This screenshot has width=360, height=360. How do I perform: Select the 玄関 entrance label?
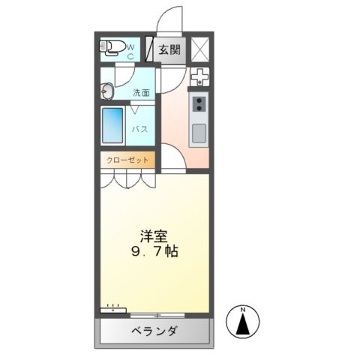click(x=169, y=50)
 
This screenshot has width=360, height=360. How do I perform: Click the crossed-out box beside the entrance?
click(x=200, y=49)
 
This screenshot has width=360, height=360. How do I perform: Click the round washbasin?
click(x=105, y=91)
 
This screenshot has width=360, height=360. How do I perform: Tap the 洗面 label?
click(x=141, y=93)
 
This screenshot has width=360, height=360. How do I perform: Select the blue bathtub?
click(x=112, y=126)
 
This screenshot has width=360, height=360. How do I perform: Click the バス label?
click(x=139, y=129)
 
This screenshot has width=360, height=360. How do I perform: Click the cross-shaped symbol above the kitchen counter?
click(x=199, y=77)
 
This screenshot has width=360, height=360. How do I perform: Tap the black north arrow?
click(x=243, y=325)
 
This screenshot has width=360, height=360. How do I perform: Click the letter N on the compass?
click(x=243, y=310)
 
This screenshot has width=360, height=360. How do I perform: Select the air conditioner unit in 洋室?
click(x=112, y=307)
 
